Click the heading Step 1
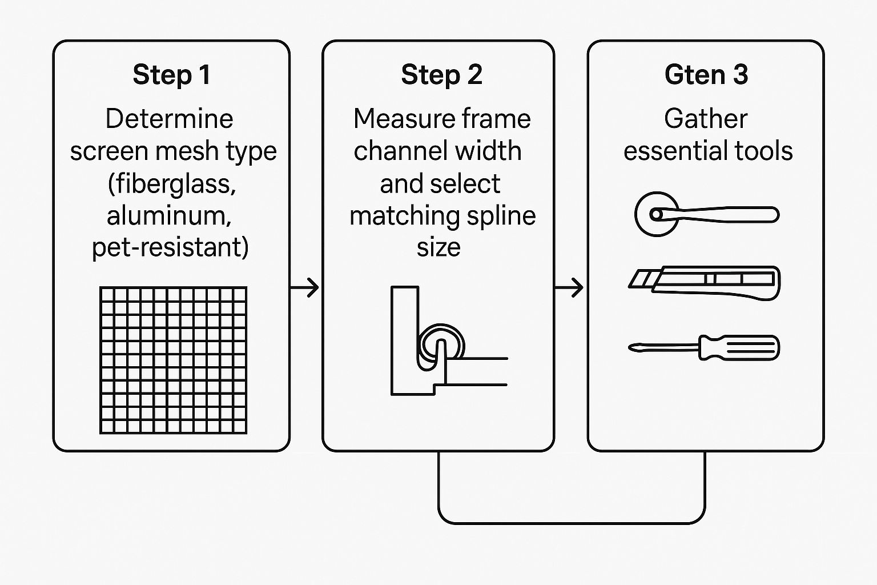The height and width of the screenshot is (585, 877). [171, 75]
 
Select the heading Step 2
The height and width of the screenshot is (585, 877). [441, 75]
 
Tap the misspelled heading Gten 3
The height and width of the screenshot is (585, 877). [706, 75]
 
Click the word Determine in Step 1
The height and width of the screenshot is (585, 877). [170, 119]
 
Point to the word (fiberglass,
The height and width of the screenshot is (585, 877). [172, 184]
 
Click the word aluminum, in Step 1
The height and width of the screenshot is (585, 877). [170, 216]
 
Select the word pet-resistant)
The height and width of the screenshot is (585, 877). [170, 248]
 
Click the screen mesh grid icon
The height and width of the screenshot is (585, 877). [174, 360]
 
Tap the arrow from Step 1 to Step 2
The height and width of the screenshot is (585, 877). [305, 287]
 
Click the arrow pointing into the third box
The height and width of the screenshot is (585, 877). [570, 287]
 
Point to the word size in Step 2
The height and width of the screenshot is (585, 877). [438, 248]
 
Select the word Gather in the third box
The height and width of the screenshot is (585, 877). [706, 119]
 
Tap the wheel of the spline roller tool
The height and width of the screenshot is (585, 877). [657, 215]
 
